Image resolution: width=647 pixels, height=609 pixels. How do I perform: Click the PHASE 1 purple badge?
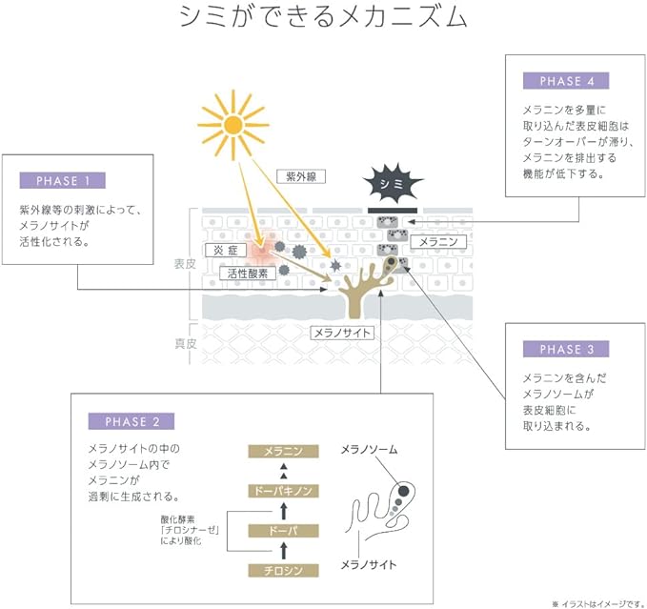(x=62, y=180)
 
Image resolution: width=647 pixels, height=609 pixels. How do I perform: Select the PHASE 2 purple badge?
(x=131, y=421)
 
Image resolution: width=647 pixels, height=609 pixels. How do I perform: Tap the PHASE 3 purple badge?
(x=566, y=349)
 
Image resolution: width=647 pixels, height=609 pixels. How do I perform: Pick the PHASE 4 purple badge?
(x=566, y=80)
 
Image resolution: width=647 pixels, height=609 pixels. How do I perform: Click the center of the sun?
(x=233, y=125)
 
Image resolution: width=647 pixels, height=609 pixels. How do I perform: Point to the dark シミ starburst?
(x=392, y=184)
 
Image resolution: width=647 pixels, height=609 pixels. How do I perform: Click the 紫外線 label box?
(x=301, y=176)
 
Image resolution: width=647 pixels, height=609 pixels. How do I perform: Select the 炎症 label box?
(x=226, y=250)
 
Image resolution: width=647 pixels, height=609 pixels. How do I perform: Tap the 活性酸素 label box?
(x=248, y=274)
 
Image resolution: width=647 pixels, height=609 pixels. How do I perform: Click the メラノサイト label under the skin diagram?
(x=342, y=333)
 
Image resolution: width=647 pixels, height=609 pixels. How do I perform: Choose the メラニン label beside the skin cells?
(x=438, y=242)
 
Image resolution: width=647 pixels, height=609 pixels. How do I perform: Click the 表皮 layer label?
(x=185, y=264)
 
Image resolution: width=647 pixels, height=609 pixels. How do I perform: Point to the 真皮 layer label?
(x=185, y=343)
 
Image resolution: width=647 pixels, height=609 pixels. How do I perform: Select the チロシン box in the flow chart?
(x=283, y=571)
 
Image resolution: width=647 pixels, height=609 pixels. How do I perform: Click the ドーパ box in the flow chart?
(x=283, y=531)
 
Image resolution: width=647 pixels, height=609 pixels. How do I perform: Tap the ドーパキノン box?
(x=283, y=491)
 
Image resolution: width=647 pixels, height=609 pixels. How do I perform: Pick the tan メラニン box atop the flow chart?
(x=283, y=452)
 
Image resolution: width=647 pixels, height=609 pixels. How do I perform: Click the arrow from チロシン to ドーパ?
(x=283, y=551)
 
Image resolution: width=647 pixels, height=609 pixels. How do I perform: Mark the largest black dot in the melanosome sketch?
(x=403, y=491)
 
